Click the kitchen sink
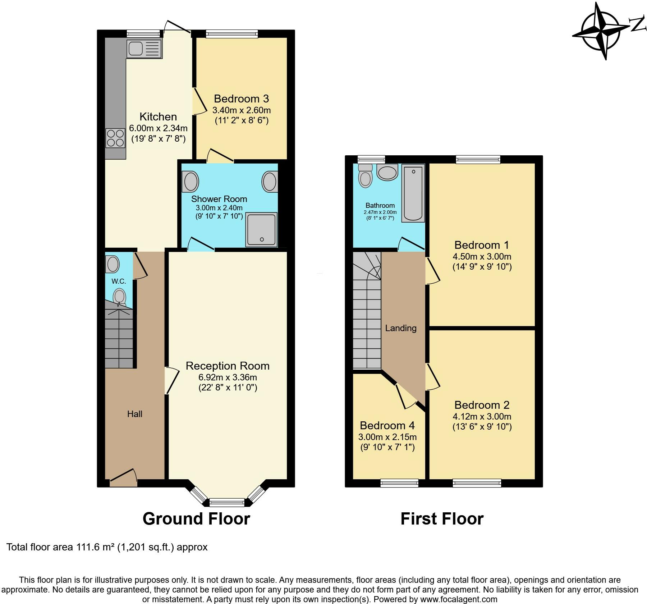pos(144,48)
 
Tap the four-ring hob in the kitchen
pos(115,138)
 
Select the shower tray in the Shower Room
pos(261,229)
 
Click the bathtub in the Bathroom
pos(413,193)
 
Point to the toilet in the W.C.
pos(119,298)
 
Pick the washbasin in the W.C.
pos(113,264)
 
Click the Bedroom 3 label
pos(241,99)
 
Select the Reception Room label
pos(228,366)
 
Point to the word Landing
pos(401,328)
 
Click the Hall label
pos(135,414)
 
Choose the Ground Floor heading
pos(196,518)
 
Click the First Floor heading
pos(442,519)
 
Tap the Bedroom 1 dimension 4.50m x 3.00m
pos(482,257)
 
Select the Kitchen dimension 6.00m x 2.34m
pos(158,128)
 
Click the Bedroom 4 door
pos(405,397)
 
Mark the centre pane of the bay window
pos(227,502)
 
